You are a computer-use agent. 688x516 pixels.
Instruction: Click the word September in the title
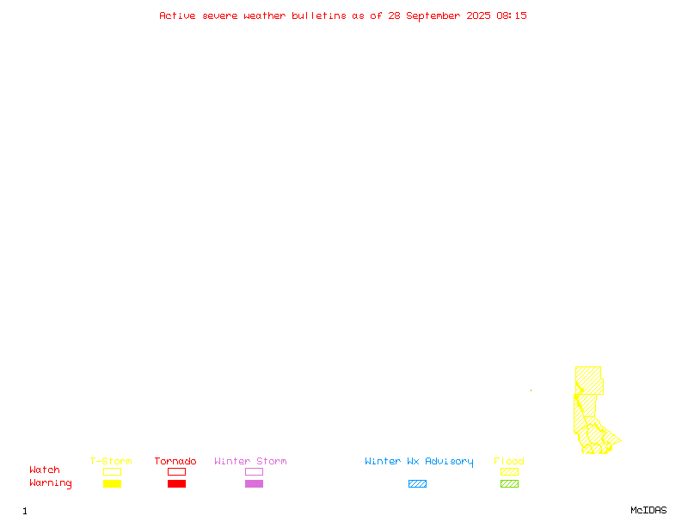tap(433, 16)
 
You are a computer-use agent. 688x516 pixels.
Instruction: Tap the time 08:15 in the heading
tap(512, 15)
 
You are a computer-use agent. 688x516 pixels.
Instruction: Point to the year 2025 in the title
tap(478, 15)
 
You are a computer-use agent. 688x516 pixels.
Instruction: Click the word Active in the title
tap(177, 15)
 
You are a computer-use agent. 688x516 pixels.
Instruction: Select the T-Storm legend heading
tap(111, 461)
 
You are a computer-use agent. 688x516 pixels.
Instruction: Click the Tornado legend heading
tap(175, 461)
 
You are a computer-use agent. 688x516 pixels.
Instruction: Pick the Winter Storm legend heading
tap(250, 461)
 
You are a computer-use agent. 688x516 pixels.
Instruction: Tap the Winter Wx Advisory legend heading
tap(419, 462)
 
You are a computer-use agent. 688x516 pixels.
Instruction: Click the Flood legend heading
tap(509, 461)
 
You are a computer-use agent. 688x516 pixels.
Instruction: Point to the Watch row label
tap(45, 470)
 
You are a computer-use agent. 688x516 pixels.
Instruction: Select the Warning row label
tap(51, 483)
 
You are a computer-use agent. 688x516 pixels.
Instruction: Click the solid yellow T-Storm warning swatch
tap(113, 483)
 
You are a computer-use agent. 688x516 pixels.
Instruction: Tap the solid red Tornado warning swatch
tap(177, 483)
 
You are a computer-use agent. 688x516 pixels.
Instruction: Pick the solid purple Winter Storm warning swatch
tap(254, 483)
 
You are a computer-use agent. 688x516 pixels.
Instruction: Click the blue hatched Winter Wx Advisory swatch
tap(417, 483)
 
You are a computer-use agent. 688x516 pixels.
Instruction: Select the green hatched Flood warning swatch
tap(509, 483)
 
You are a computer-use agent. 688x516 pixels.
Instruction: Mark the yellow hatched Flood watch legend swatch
tap(509, 471)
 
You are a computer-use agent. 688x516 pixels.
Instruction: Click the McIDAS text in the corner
tap(648, 510)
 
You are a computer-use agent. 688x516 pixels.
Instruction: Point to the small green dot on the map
tap(531, 390)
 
